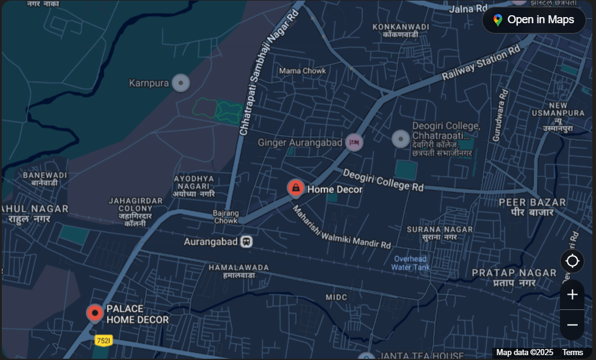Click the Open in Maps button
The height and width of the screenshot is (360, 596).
[x=534, y=20]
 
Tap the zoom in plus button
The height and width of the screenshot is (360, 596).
[x=572, y=295]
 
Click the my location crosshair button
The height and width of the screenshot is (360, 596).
[x=572, y=261]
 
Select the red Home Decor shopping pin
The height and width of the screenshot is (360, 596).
[x=296, y=188]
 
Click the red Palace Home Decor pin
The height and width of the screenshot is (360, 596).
[x=95, y=314]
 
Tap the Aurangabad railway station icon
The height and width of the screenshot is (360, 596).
[x=246, y=242]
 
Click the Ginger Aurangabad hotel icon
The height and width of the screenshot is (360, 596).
[x=354, y=143]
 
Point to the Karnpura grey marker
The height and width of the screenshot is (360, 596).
[x=180, y=83]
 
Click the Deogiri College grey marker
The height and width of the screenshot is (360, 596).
[x=400, y=139]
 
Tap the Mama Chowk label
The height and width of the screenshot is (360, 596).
[x=303, y=71]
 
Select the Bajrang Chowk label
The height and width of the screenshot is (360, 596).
[x=226, y=217]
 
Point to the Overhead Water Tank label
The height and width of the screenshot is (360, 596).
[x=410, y=263]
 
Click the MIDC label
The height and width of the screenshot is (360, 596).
[x=336, y=297]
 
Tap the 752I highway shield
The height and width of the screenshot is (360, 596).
[x=103, y=339]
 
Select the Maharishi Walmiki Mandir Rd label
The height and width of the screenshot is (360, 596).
[x=341, y=228]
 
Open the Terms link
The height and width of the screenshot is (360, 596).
[x=572, y=353]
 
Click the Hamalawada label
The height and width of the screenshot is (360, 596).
[x=239, y=271]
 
